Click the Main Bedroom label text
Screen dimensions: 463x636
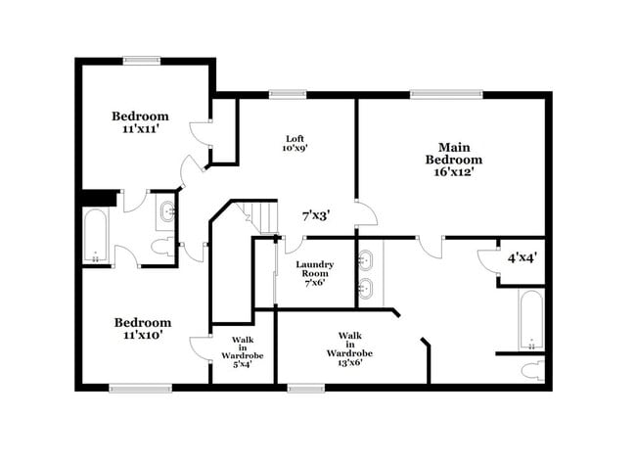tap(453, 159)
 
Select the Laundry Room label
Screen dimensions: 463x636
tap(315, 273)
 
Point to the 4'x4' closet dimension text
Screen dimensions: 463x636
tap(522, 258)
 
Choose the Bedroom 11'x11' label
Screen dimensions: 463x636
tap(141, 120)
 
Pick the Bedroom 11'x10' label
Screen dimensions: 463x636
tap(142, 328)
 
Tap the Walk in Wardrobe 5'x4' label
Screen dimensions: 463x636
tap(243, 353)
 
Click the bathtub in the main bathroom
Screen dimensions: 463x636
tap(529, 319)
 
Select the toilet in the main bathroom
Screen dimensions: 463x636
tap(531, 370)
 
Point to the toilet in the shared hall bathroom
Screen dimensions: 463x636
tap(163, 246)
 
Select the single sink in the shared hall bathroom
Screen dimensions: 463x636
tap(165, 209)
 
